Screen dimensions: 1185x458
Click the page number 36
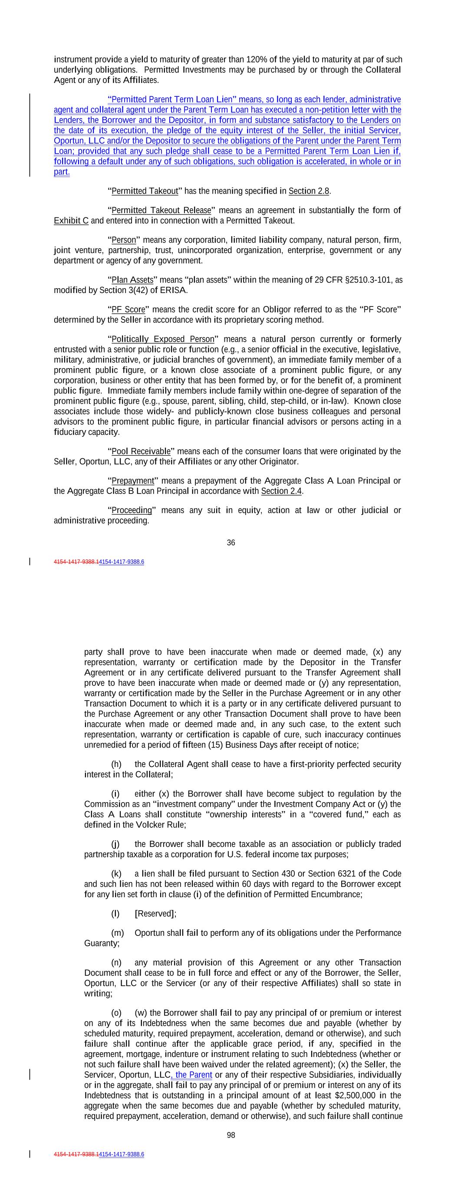click(x=231, y=543)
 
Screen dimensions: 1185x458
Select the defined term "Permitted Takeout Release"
click(x=161, y=210)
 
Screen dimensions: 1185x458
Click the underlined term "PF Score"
click(x=129, y=309)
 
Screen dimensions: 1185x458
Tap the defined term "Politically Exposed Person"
click(x=163, y=339)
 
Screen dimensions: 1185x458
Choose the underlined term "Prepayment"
click(x=132, y=481)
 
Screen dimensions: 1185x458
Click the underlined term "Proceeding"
click(x=132, y=510)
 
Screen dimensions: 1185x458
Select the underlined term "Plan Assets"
click(x=132, y=280)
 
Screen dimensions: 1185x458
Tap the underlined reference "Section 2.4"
click(x=281, y=491)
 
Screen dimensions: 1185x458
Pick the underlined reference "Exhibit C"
click(x=71, y=221)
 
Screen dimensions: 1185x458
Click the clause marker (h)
click(x=116, y=764)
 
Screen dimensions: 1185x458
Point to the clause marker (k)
click(x=116, y=874)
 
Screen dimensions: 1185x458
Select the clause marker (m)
click(x=117, y=933)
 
